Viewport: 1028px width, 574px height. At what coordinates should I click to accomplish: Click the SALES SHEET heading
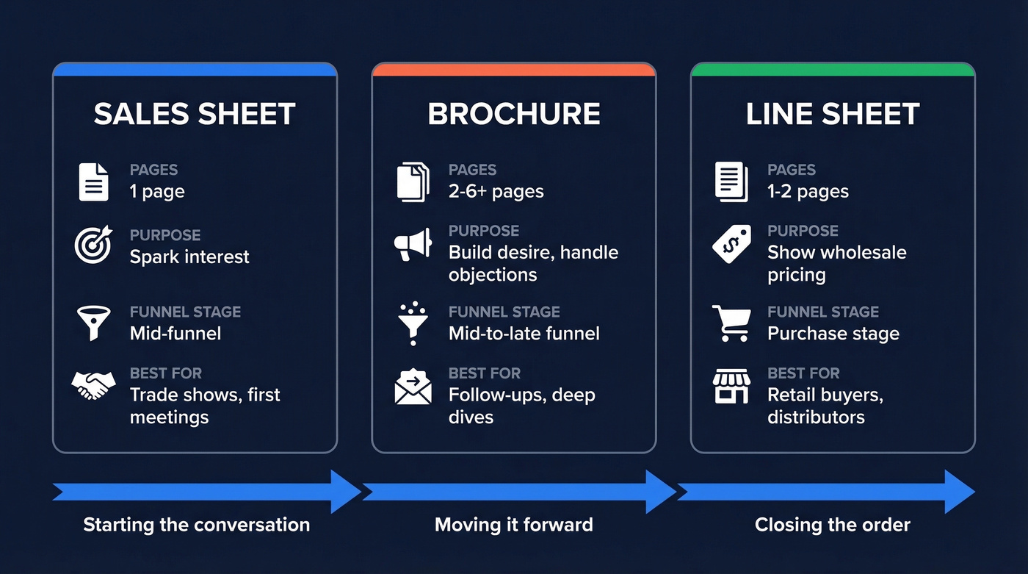tap(195, 114)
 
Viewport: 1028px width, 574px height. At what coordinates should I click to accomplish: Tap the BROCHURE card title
tap(514, 114)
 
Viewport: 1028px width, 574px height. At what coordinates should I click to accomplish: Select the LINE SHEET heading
tap(833, 114)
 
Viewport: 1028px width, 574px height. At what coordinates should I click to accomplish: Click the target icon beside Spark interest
tap(93, 245)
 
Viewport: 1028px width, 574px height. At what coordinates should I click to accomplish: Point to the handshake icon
tap(93, 384)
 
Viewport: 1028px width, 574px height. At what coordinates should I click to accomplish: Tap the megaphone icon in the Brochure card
tap(413, 244)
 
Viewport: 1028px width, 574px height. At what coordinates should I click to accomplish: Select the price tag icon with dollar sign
tap(731, 244)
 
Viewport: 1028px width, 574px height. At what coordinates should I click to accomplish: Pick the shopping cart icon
tap(731, 323)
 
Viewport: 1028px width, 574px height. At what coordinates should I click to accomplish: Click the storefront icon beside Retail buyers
tap(731, 387)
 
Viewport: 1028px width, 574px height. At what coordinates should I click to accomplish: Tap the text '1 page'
tap(157, 192)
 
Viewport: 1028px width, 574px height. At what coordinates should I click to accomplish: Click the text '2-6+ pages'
tap(496, 192)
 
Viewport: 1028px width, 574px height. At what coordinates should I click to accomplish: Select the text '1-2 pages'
tap(808, 192)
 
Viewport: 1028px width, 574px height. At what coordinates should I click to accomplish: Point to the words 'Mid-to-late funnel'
tap(524, 334)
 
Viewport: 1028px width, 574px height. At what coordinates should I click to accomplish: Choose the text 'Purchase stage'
tap(833, 334)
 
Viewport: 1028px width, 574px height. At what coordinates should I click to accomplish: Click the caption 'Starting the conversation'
tap(196, 525)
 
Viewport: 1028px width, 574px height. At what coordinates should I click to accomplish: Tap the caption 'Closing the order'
tap(833, 525)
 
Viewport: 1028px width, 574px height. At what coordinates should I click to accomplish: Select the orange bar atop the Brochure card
tap(513, 70)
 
